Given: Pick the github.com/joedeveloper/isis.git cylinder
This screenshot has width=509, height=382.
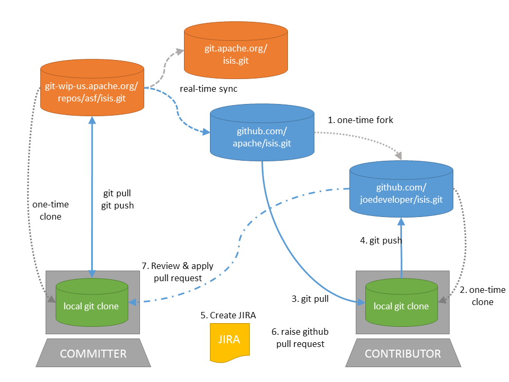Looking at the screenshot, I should [401, 194].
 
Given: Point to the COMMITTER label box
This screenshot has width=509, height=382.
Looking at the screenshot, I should [93, 353].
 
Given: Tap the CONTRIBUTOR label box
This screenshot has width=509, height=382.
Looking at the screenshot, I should [402, 353].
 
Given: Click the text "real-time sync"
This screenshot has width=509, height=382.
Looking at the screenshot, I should [208, 89].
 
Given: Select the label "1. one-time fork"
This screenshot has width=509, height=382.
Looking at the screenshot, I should [361, 120].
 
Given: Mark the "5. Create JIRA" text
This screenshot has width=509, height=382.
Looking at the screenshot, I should [229, 315].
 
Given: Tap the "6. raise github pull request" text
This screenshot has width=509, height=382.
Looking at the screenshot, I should [300, 337].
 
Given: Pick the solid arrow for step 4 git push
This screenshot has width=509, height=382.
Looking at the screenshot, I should [401, 247].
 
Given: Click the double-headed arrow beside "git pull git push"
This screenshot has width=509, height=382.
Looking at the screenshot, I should [92, 196].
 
